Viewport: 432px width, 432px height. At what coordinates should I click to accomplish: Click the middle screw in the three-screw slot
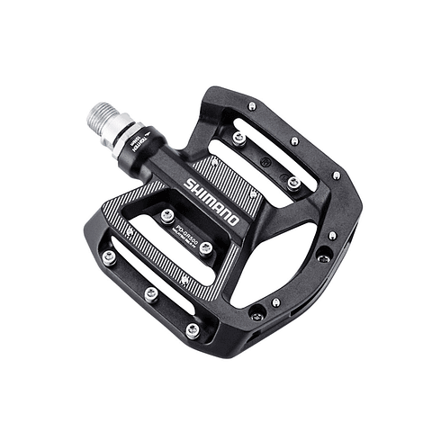[151, 293]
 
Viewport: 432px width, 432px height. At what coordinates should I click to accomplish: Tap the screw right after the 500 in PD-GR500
[206, 247]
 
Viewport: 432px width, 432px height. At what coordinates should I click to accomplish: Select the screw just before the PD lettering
[167, 215]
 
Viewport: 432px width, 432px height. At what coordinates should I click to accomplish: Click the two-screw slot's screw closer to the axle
[239, 139]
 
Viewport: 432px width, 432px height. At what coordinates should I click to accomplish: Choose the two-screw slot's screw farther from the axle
[294, 183]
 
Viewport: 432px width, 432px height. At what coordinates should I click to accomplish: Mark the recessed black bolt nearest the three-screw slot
[258, 313]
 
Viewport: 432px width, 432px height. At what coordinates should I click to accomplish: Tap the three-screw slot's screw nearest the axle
[109, 257]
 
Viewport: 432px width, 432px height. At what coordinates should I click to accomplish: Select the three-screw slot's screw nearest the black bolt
[193, 329]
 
